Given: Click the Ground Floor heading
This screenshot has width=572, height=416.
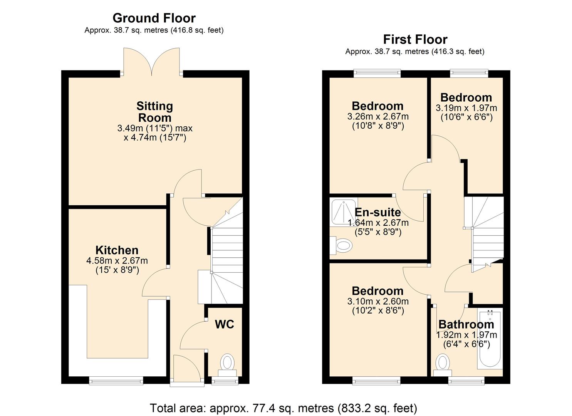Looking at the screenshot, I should coord(154,18).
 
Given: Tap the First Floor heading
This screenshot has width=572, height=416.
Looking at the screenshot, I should coord(415,39).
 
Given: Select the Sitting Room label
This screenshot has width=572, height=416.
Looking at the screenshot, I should coord(154,112).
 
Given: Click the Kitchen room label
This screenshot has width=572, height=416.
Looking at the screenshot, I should coord(117,250).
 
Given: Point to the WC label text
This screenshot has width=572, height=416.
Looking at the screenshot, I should coord(224,324).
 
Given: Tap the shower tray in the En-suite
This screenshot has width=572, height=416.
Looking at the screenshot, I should coord(344,211).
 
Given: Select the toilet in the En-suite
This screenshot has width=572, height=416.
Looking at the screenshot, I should coord(341,245).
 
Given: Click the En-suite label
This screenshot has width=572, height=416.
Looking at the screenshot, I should coord(377,212).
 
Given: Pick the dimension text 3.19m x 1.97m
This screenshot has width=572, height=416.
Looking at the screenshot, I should coord(466,108).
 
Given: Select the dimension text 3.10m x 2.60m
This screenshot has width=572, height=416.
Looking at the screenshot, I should coord(378,302).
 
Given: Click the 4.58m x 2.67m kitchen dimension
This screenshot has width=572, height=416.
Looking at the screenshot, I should coord(117,261).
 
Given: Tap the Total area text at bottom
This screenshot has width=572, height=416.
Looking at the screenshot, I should coord(283,408).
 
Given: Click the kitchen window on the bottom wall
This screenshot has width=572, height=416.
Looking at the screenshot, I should coord(116,381).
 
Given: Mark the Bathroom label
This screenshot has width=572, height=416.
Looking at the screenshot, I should coord(466,324).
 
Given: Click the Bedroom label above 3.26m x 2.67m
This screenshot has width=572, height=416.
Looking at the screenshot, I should coord(377,106).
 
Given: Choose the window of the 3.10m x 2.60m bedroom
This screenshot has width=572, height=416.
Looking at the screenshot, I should coord(376,381).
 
